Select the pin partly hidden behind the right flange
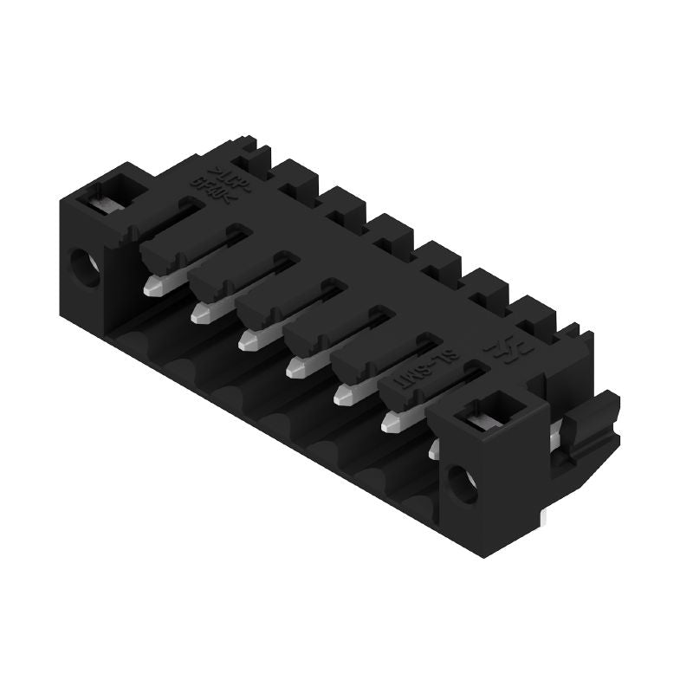[x=433, y=445]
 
